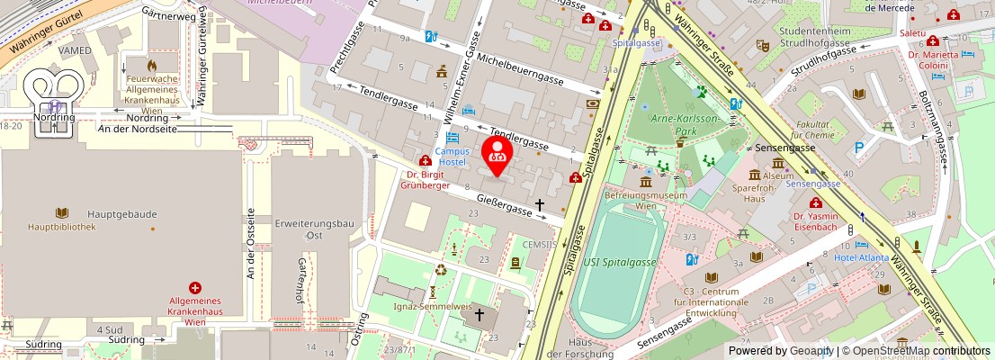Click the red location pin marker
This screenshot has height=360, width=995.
point(497,152)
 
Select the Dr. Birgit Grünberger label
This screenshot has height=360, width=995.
point(425,181)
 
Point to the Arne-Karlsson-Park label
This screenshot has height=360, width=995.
point(675,124)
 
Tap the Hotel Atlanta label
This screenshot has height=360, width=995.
point(861,257)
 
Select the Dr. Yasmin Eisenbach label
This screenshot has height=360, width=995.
point(816,221)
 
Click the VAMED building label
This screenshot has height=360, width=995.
point(75,50)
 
